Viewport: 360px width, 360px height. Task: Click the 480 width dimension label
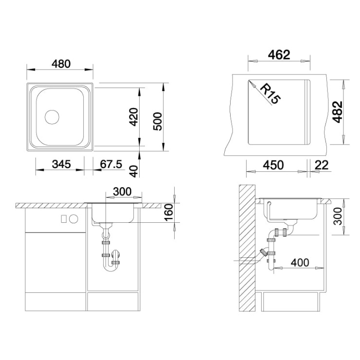click(x=61, y=64)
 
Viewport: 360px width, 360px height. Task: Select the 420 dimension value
click(x=133, y=117)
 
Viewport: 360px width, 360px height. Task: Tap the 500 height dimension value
click(x=158, y=122)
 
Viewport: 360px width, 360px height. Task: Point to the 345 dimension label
click(x=61, y=164)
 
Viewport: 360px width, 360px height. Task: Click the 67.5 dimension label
click(x=111, y=164)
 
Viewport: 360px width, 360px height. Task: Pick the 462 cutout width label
click(x=279, y=55)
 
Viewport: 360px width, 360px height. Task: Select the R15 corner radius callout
click(x=271, y=94)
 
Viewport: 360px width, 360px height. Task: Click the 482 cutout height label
click(x=338, y=112)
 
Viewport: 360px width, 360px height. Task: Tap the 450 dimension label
click(x=273, y=165)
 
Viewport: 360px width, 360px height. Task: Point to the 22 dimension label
click(x=322, y=165)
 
